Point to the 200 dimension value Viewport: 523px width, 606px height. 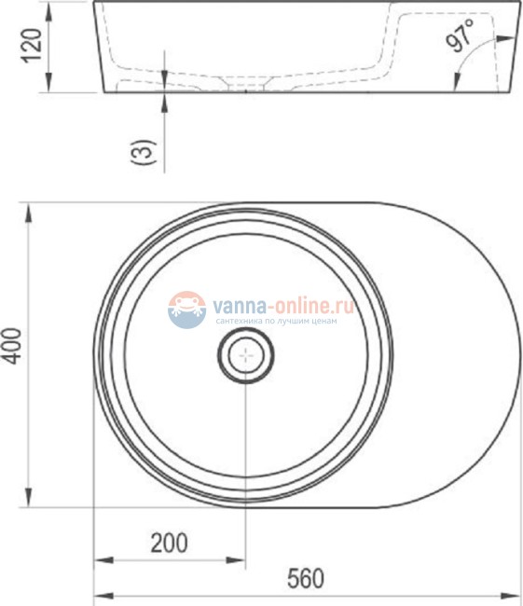(170, 542)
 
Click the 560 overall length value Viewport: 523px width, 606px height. (305, 579)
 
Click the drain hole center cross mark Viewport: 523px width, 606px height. (246, 355)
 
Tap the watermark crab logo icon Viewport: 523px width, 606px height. (186, 309)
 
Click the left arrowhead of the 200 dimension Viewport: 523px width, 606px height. (101, 560)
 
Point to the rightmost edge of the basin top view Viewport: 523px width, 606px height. (519, 355)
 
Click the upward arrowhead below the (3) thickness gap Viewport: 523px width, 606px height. (164, 99)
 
